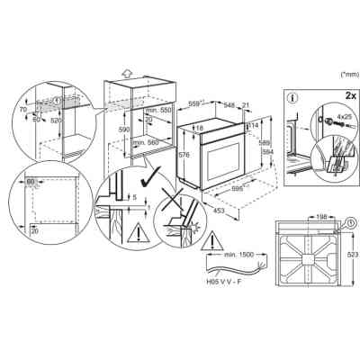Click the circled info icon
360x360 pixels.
point(294,97)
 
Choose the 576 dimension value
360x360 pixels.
point(185,154)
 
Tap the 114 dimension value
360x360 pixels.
point(253,125)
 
